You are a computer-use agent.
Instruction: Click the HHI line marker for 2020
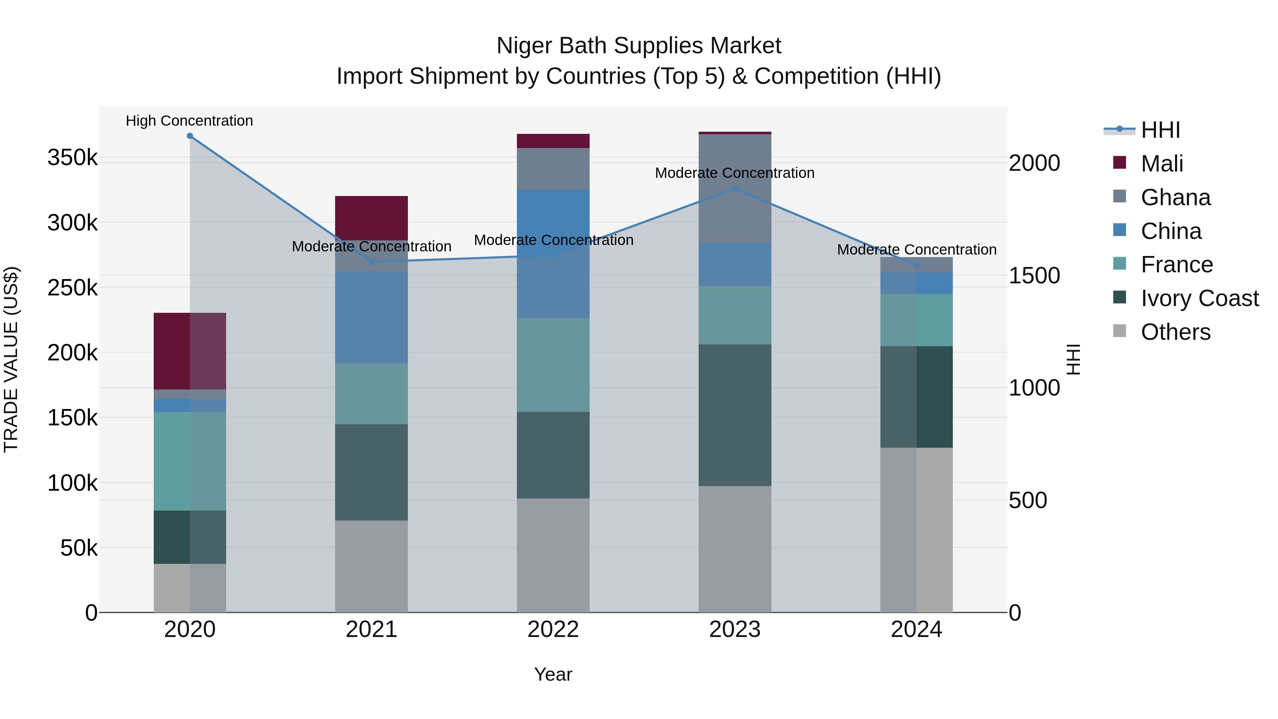click(190, 136)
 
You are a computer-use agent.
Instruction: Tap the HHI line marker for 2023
click(735, 189)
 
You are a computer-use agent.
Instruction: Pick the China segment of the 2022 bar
click(553, 254)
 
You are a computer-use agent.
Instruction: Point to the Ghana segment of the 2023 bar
click(735, 189)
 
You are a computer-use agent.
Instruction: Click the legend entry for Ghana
click(1175, 197)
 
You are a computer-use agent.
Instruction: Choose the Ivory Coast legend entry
click(1199, 298)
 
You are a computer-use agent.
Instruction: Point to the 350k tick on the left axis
click(72, 158)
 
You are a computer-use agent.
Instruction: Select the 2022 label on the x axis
click(553, 630)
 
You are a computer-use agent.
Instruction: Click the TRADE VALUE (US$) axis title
click(11, 359)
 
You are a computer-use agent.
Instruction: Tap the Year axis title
click(553, 674)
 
